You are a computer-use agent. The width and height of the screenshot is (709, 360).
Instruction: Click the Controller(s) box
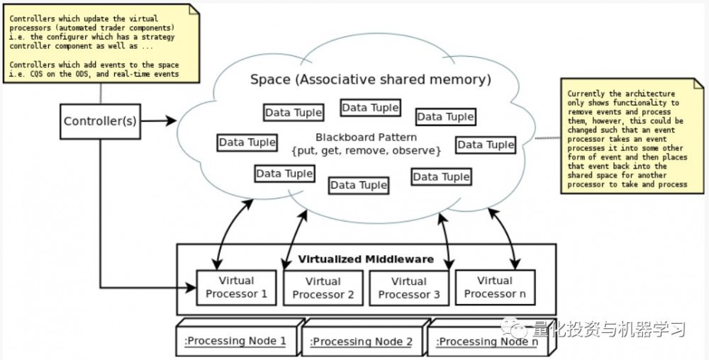click(x=100, y=121)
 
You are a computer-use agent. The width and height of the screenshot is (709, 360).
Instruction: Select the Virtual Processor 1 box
click(x=236, y=287)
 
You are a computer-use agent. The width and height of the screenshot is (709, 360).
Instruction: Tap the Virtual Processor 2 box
click(x=323, y=288)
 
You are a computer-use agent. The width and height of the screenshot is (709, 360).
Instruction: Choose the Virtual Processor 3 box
click(x=409, y=288)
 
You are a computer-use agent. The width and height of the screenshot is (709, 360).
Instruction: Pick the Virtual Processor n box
click(x=494, y=287)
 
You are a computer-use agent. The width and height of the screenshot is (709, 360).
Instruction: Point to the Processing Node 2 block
click(x=362, y=342)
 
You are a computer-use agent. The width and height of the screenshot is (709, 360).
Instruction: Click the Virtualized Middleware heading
click(x=366, y=259)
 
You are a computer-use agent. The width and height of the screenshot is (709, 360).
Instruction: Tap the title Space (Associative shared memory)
click(x=370, y=79)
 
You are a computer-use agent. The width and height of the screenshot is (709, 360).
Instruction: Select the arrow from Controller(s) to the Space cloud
click(x=157, y=121)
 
